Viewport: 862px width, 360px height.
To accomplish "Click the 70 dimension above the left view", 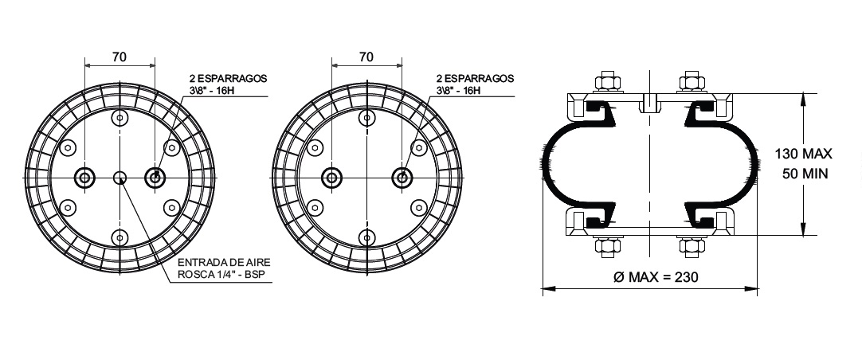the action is coord(120,57).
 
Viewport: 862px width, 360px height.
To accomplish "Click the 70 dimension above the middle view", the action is coord(366,57).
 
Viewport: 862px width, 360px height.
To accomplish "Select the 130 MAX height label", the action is coord(804,154).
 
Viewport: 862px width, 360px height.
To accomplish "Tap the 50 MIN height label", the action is coord(805,174).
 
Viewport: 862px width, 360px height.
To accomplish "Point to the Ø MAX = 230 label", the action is coord(656,277).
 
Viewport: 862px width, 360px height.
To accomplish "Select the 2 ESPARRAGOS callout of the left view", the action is coord(225,84).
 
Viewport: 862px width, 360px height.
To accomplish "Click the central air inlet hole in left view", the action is coord(120,178).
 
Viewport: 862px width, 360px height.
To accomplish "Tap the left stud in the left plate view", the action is coord(84,178).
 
